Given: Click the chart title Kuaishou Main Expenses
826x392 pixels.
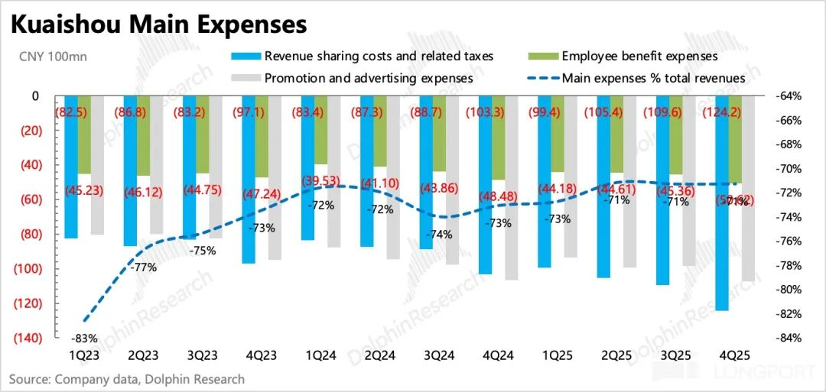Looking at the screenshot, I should coord(158,25).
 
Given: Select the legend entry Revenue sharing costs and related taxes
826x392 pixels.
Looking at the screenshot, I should coord(379,56).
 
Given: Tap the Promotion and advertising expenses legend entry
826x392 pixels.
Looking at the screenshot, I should coord(368,77).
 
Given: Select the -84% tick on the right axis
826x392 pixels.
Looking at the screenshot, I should coord(789,338).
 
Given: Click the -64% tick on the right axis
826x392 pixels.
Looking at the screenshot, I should coord(789,96).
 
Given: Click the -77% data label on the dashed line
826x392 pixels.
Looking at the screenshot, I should coord(144,267).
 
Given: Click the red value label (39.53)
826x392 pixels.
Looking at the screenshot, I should coord(322,180).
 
